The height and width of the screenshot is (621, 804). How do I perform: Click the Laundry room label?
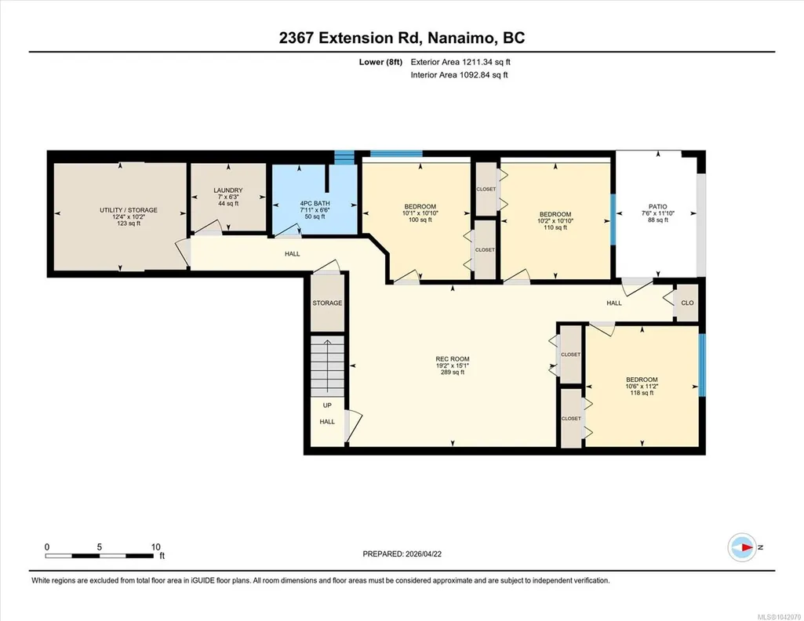coord(228,197)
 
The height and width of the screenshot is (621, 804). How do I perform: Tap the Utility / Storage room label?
coord(128,216)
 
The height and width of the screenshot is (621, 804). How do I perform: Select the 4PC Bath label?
coord(315,209)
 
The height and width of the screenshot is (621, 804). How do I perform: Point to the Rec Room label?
coord(453,366)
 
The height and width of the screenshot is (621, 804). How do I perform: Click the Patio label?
coord(658,213)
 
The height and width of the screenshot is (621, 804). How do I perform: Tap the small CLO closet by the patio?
coord(687,303)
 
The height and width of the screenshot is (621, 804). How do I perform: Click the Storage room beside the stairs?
coord(327,303)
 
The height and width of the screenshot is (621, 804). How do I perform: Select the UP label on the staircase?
coord(327,405)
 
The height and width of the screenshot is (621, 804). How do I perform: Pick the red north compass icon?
coord(742,547)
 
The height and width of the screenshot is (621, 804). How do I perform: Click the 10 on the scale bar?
coord(156,547)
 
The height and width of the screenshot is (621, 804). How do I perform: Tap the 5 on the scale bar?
coord(100,547)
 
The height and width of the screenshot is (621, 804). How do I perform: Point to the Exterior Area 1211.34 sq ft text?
coord(460,62)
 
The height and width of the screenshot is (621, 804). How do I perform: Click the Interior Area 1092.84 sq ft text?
coord(460,74)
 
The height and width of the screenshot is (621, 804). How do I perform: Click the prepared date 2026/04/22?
coord(424,554)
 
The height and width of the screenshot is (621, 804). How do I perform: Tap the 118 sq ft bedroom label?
coord(642,387)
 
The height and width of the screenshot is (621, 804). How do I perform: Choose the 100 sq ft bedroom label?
coord(420,213)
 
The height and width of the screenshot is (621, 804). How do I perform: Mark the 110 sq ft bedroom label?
coord(555,221)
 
